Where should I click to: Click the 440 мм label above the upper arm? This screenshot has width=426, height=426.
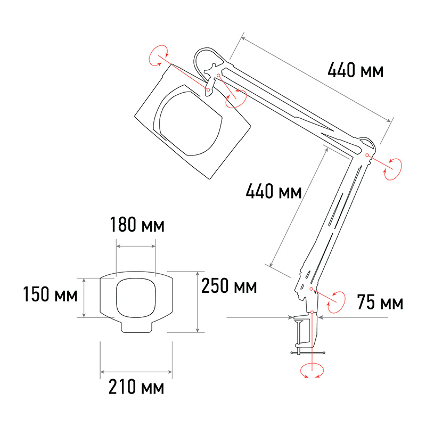(355, 70)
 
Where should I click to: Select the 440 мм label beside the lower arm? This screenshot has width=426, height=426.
(274, 191)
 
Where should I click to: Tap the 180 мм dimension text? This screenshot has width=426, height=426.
(137, 225)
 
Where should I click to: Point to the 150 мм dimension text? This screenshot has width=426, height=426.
(50, 294)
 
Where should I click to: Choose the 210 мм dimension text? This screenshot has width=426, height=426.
(136, 387)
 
